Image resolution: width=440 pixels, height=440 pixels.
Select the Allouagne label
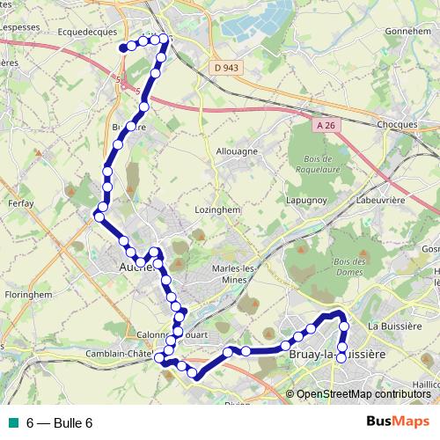pos(237,151)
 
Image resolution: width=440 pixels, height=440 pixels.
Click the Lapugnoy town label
pos(305,201)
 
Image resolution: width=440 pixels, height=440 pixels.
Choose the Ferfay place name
pos(19,203)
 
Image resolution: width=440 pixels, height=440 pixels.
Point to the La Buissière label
pos(396,326)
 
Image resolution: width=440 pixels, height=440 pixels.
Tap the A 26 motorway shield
pos(326,126)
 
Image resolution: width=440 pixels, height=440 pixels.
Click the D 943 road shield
pos(225,68)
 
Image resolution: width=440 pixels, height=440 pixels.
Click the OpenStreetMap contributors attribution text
pos(363,394)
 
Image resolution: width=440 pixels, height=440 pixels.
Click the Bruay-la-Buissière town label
pos(337,355)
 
